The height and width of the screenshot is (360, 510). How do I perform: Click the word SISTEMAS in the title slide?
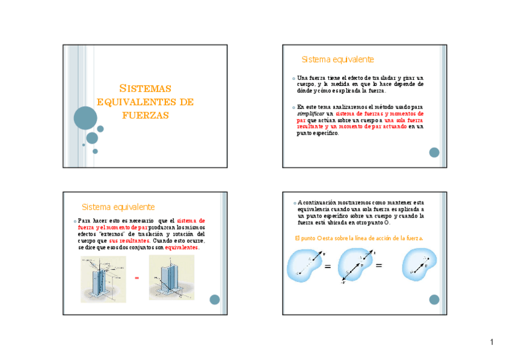[x=145, y=88]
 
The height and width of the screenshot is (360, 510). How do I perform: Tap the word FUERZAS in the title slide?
[x=145, y=115]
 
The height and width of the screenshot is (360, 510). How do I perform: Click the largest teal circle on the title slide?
[x=85, y=118]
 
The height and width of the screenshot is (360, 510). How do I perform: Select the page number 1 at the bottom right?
[x=491, y=343]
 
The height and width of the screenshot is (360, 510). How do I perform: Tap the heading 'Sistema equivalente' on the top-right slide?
[x=337, y=59]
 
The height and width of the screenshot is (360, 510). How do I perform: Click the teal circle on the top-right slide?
[x=434, y=153]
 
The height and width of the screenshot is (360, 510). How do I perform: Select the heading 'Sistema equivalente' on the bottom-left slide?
[x=118, y=207]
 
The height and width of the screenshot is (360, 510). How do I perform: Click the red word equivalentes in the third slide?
[x=182, y=248]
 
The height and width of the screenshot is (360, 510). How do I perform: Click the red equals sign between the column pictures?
[x=137, y=278]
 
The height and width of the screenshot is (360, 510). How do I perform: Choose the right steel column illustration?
[x=171, y=277]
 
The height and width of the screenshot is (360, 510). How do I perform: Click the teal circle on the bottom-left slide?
[x=214, y=299]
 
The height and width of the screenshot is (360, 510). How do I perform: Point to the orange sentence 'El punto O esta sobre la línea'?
[x=359, y=238]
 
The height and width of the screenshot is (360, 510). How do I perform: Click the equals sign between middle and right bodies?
[x=379, y=266]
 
